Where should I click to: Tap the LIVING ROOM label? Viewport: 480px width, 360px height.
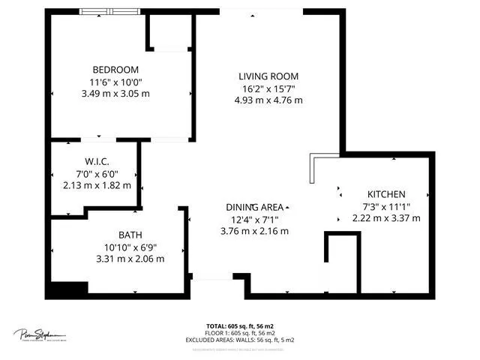pyautogui.click(x=268, y=76)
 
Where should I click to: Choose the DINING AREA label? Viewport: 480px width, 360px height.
pyautogui.click(x=255, y=207)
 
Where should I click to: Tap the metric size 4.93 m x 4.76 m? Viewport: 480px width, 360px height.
pyautogui.click(x=268, y=100)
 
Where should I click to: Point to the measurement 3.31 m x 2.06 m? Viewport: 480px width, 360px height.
pyautogui.click(x=130, y=259)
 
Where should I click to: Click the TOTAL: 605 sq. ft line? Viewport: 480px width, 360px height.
pyautogui.click(x=240, y=326)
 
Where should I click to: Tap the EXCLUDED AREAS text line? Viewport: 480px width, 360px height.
pyautogui.click(x=240, y=340)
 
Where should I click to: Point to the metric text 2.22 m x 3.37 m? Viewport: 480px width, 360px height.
pyautogui.click(x=386, y=218)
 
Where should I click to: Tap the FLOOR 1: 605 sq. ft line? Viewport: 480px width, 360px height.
pyautogui.click(x=240, y=333)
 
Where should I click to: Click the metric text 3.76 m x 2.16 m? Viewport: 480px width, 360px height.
pyautogui.click(x=255, y=231)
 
